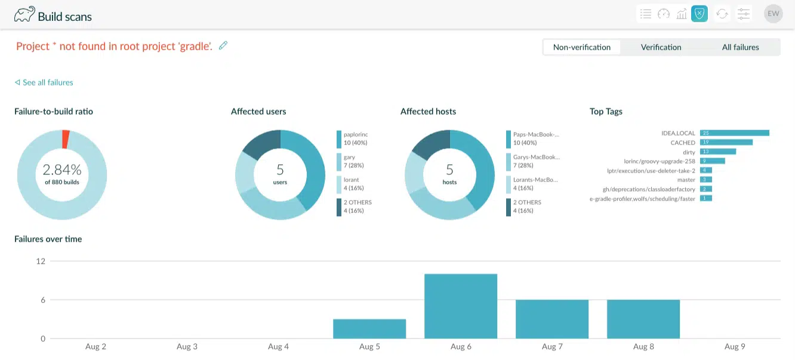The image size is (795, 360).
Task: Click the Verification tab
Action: pyautogui.click(x=661, y=47)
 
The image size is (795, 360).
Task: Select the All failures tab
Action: pyautogui.click(x=740, y=47)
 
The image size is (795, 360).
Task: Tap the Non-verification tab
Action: pyautogui.click(x=581, y=47)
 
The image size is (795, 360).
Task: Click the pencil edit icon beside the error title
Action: pyautogui.click(x=223, y=45)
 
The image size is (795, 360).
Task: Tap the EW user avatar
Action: pyautogui.click(x=773, y=14)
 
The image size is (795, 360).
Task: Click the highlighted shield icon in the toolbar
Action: pyautogui.click(x=699, y=14)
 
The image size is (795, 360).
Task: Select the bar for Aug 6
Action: pyautogui.click(x=460, y=306)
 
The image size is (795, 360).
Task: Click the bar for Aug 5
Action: pyautogui.click(x=369, y=328)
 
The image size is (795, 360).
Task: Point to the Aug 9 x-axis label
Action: pyautogui.click(x=734, y=347)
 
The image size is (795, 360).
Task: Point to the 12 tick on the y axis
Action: pyautogui.click(x=41, y=261)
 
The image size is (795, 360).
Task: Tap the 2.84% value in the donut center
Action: pyautogui.click(x=62, y=170)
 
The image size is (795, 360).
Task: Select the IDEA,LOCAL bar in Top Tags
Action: pyautogui.click(x=734, y=133)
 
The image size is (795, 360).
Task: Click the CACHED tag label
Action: pyautogui.click(x=683, y=143)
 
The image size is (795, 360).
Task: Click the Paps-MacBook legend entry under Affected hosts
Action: pyautogui.click(x=536, y=139)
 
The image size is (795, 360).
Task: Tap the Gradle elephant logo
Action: pyautogui.click(x=24, y=14)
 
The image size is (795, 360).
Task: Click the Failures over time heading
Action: pyautogui.click(x=48, y=239)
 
